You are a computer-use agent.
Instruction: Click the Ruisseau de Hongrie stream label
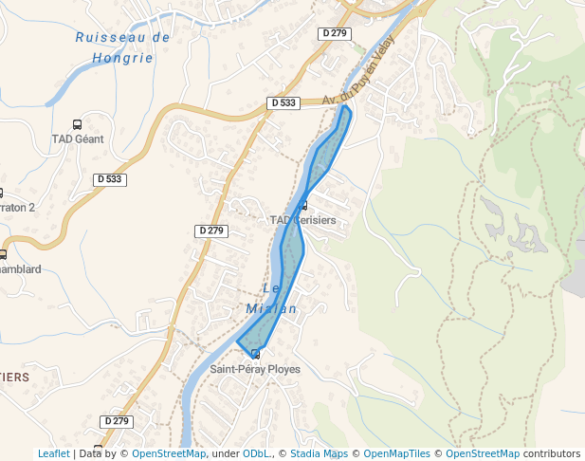122,46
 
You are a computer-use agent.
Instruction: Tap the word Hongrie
122,57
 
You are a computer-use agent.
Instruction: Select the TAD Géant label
77,138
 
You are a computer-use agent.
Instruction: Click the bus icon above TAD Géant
77,124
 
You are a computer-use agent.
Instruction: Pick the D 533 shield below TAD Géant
110,178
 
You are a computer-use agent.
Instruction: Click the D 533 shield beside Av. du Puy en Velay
283,102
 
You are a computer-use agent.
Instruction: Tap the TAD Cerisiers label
302,220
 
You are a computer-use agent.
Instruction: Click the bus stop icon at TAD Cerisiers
303,206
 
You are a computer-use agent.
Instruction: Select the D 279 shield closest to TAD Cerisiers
212,230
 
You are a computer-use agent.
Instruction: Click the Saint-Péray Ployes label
255,369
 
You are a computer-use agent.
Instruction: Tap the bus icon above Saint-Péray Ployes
255,355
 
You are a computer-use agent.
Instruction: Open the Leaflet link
53,453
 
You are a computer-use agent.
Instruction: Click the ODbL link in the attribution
256,453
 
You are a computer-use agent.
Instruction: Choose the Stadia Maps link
319,453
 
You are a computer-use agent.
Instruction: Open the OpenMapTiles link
398,453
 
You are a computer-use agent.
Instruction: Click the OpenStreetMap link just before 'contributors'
483,453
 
